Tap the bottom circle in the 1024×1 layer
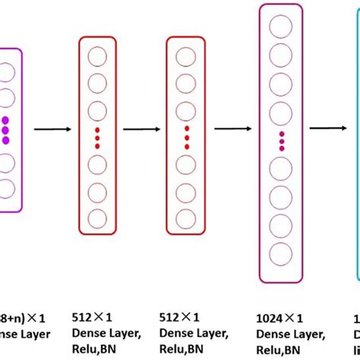(280, 254)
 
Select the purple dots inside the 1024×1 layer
(280, 140)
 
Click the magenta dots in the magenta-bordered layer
(7, 129)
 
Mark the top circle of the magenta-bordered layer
(7, 71)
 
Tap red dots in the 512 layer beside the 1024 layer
(186, 138)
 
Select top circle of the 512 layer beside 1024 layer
(186, 55)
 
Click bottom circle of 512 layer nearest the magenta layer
(98, 216)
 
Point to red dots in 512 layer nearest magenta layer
(98, 138)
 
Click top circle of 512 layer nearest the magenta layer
(98, 55)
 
